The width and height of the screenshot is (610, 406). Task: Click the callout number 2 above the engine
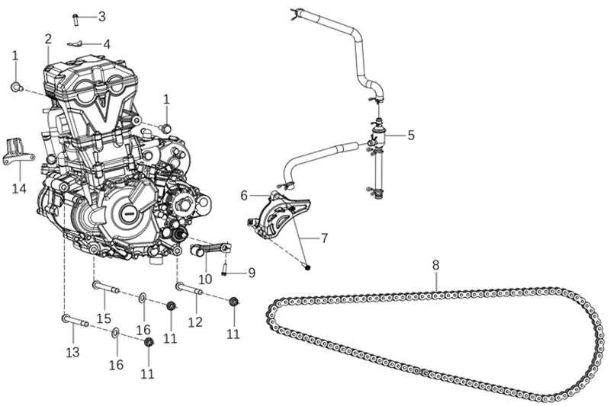pos(48,39)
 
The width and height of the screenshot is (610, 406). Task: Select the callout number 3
pos(101,16)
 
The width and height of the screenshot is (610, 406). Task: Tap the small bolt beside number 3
pos(76,17)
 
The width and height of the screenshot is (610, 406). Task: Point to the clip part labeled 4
pos(75,43)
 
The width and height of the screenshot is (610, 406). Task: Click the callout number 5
pos(411,136)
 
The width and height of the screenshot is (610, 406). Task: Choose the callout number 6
pos(244,196)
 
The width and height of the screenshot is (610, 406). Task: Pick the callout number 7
pos(324,238)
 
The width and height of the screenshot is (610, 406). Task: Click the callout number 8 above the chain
pos(435,265)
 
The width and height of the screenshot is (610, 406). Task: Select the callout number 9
pos(251,272)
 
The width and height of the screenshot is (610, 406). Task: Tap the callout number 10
pos(206,279)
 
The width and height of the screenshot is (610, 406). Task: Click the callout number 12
pos(195,322)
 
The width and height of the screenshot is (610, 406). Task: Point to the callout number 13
pos(72,352)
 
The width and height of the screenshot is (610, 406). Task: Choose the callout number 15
pos(103,318)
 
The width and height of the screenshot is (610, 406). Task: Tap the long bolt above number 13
pos(75,321)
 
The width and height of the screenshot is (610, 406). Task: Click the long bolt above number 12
pos(188,289)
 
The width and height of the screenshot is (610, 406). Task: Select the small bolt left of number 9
pos(226,269)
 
